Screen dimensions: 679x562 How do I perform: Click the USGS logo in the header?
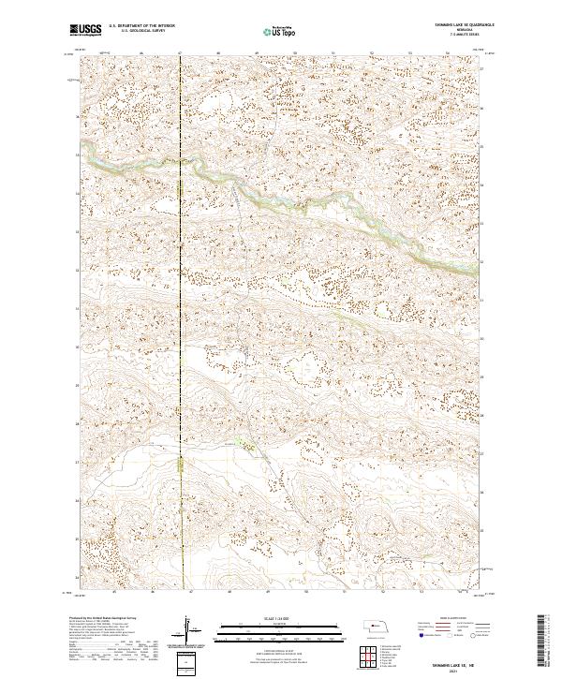click(85, 31)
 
